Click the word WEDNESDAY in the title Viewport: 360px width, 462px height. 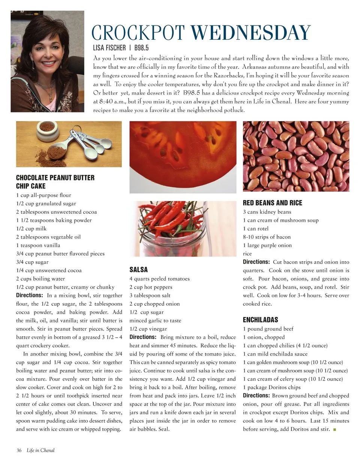pyautogui.click(x=251, y=33)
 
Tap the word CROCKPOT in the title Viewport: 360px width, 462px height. pyautogui.click(x=139, y=33)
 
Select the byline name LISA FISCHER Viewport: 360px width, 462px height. pyautogui.click(x=109, y=48)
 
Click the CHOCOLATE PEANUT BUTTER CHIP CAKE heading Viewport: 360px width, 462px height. pyautogui.click(x=55, y=181)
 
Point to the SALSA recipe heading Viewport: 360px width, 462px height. pyautogui.click(x=139, y=270)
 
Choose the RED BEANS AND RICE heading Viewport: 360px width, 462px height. pyautogui.click(x=272, y=203)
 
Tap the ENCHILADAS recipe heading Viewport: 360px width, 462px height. pyautogui.click(x=260, y=320)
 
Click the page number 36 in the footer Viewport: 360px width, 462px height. pyautogui.click(x=19, y=450)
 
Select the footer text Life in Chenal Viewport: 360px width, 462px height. pyautogui.click(x=40, y=450)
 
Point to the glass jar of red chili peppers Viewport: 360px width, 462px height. pyautogui.click(x=172, y=229)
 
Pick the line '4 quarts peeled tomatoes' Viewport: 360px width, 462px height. pyautogui.click(x=159, y=279)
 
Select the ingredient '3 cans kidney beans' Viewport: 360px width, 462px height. pyautogui.click(x=267, y=212)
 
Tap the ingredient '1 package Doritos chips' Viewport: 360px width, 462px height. pyautogui.click(x=271, y=387)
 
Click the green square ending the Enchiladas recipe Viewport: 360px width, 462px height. pyautogui.click(x=334, y=429)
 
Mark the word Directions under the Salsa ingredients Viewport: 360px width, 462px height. pyautogui.click(x=142, y=337)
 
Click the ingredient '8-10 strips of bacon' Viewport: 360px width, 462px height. pyautogui.click(x=267, y=237)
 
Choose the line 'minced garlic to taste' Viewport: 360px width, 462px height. pyautogui.click(x=155, y=321)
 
